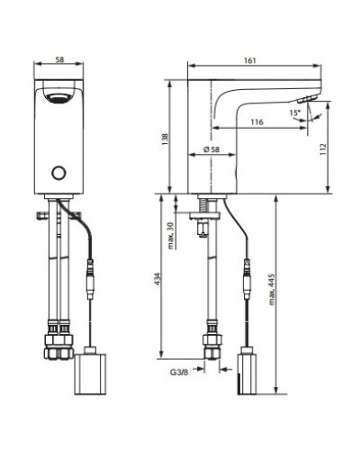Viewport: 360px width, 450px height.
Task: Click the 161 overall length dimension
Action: pos(251,59)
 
